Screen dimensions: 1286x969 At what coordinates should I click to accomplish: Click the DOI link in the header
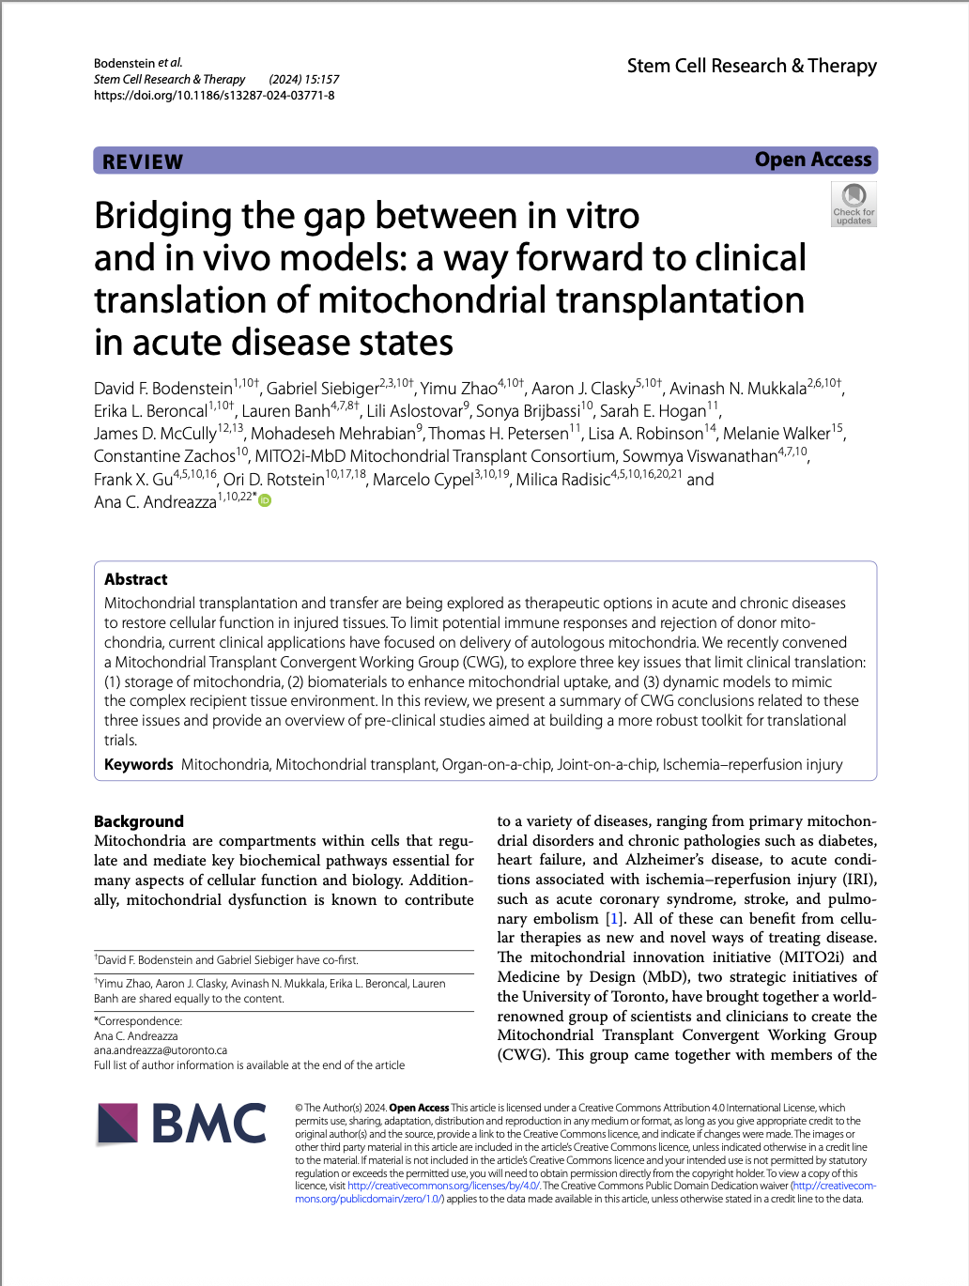click(x=214, y=95)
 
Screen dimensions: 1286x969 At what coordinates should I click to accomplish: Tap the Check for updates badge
click(x=854, y=204)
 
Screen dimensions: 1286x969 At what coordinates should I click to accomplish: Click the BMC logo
click(x=182, y=1124)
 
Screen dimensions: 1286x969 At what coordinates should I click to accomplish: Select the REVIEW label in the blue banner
click(x=143, y=161)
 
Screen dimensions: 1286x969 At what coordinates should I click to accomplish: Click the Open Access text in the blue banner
click(x=812, y=160)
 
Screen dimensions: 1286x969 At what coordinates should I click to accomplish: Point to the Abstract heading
click(x=136, y=579)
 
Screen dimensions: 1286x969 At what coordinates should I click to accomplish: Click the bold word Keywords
click(x=139, y=764)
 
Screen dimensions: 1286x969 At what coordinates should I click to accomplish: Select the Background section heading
click(x=139, y=820)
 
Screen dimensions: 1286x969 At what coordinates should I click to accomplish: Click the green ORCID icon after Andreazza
click(x=265, y=500)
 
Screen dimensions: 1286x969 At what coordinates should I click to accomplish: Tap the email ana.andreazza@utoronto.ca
click(x=161, y=1050)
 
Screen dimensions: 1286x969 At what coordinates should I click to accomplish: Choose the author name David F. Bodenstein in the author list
click(x=162, y=389)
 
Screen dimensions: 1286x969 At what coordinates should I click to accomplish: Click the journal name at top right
click(x=751, y=66)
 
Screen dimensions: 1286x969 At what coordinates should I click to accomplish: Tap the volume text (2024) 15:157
click(x=303, y=80)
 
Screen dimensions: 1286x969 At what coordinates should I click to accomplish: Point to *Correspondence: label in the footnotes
click(x=138, y=1020)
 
